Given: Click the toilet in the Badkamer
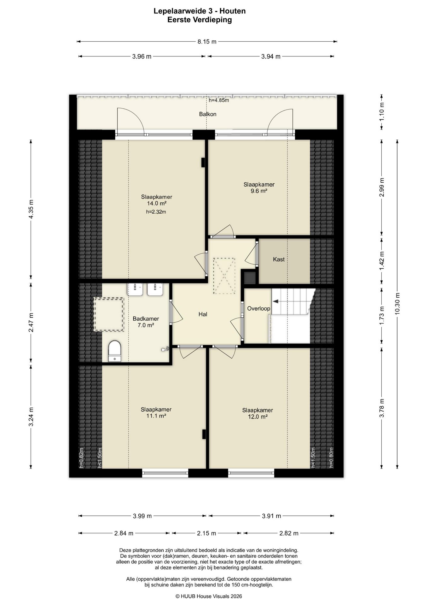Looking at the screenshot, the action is (114, 351).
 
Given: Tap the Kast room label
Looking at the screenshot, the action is (279, 259).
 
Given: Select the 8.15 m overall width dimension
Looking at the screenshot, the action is (207, 41).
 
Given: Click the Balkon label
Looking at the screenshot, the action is (208, 114).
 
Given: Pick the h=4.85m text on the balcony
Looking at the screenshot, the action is (219, 100).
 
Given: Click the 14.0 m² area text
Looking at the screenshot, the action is (157, 204).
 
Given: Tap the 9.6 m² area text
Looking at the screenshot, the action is (259, 191).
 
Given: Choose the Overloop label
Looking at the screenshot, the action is (258, 308).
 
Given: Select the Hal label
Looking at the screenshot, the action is (203, 314).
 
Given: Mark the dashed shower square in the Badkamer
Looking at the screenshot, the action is (109, 314).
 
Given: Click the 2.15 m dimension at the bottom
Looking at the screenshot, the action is (206, 533).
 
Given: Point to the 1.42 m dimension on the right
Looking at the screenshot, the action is (382, 261).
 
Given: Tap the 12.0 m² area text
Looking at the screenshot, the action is (258, 417).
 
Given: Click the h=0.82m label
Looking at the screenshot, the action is (81, 458).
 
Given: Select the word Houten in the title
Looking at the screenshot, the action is (233, 11).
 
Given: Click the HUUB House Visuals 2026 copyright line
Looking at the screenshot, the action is (209, 596).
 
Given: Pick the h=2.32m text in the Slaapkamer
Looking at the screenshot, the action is (156, 212).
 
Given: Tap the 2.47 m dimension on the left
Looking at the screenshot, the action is (31, 323).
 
